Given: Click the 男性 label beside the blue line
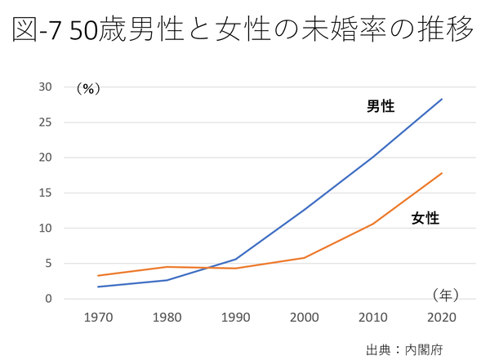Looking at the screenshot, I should click(x=381, y=106).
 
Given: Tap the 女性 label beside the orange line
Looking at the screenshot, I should click(x=425, y=218).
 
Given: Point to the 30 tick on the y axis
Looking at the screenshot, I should click(x=45, y=87).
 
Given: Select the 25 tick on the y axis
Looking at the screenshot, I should click(x=45, y=122).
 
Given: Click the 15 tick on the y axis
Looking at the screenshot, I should click(x=45, y=193).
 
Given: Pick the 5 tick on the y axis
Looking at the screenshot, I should click(x=48, y=263).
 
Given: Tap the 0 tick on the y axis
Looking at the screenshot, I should click(x=48, y=299).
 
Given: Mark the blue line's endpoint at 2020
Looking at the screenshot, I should click(x=442, y=99).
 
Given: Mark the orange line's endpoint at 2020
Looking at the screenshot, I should click(x=442, y=173).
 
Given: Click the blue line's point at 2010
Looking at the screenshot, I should click(x=373, y=157).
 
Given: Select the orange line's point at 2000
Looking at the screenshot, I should click(x=304, y=258).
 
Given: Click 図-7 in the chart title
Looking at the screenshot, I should click(x=40, y=31).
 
